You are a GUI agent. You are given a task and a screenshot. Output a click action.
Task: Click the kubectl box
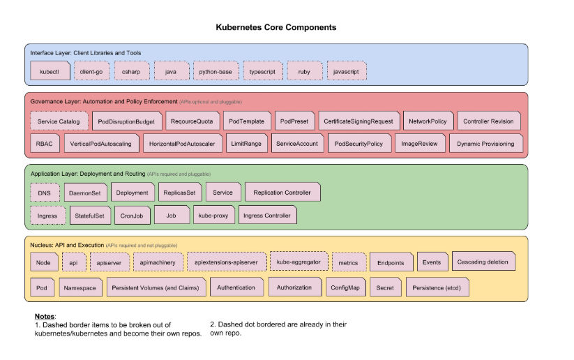pyautogui.click(x=50, y=71)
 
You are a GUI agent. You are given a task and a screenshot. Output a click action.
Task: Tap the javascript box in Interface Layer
pyautogui.click(x=347, y=71)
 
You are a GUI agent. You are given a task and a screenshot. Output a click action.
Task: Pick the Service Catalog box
pyautogui.click(x=59, y=121)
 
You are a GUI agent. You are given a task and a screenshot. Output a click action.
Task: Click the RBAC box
pyautogui.click(x=43, y=144)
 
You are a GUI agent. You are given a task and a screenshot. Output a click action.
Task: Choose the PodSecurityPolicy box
pyautogui.click(x=358, y=144)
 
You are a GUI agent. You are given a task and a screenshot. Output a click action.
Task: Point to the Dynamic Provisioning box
pyautogui.click(x=486, y=144)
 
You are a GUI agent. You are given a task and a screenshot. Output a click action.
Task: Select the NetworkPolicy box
pyautogui.click(x=428, y=121)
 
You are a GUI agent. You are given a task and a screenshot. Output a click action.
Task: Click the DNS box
pyautogui.click(x=45, y=193)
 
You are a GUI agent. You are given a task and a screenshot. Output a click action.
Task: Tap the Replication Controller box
pyautogui.click(x=282, y=193)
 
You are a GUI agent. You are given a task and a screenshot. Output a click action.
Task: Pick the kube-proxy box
pyautogui.click(x=212, y=216)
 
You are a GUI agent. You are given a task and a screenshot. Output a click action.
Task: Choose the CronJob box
pyautogui.click(x=131, y=216)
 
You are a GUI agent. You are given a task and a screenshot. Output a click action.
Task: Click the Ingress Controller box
pyautogui.click(x=267, y=216)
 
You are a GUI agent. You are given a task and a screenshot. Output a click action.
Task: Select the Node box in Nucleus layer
pyautogui.click(x=43, y=263)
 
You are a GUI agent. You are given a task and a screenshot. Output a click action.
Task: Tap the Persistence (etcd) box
pyautogui.click(x=441, y=287)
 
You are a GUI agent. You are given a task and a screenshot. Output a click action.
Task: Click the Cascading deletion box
pyautogui.click(x=483, y=262)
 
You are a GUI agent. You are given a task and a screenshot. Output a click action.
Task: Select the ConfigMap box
pyautogui.click(x=345, y=287)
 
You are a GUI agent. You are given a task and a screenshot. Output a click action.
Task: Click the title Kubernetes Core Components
pyautogui.click(x=275, y=27)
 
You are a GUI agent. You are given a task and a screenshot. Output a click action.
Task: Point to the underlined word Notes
pyautogui.click(x=45, y=317)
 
